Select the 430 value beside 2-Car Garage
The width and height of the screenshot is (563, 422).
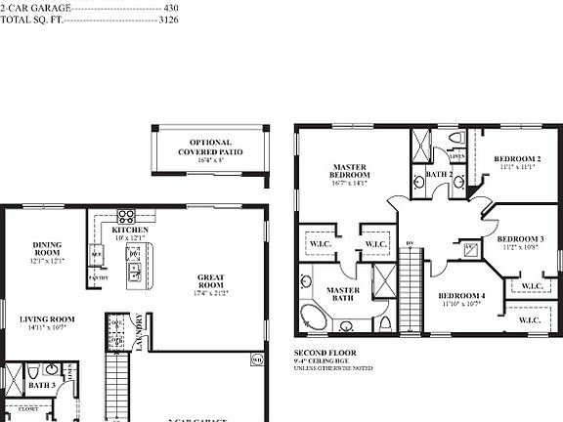pyautogui.click(x=171, y=7)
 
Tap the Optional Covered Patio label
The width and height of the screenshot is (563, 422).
pyautogui.click(x=210, y=148)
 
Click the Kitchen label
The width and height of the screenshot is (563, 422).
pyautogui.click(x=130, y=230)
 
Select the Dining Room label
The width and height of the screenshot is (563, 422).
pyautogui.click(x=48, y=250)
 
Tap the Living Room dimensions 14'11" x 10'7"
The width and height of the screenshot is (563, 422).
pyautogui.click(x=48, y=328)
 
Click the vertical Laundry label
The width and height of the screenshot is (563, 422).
pyautogui.click(x=140, y=332)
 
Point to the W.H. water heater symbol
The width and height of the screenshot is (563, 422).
pyautogui.click(x=258, y=359)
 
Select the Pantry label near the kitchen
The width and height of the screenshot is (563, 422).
pyautogui.click(x=98, y=277)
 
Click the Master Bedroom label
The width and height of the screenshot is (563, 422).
pyautogui.click(x=349, y=172)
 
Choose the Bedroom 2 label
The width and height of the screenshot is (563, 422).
pyautogui.click(x=517, y=158)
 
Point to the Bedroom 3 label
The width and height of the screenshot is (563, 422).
pyautogui.click(x=520, y=238)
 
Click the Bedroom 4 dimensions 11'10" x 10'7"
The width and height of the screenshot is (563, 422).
pyautogui.click(x=460, y=304)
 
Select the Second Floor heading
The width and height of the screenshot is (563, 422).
pyautogui.click(x=325, y=352)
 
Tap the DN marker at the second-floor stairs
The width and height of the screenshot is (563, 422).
pyautogui.click(x=410, y=242)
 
